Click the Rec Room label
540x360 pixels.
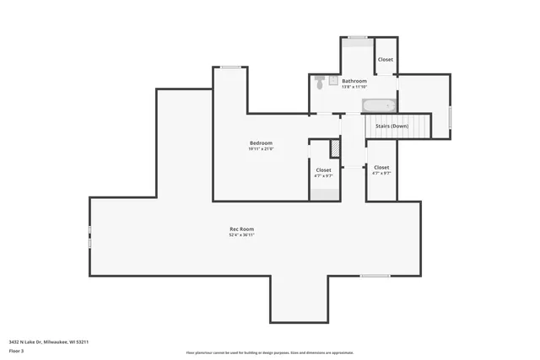pyautogui.click(x=241, y=229)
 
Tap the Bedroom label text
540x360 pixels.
pyautogui.click(x=261, y=143)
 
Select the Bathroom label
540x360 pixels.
pyautogui.click(x=354, y=81)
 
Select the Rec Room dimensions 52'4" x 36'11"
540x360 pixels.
pyautogui.click(x=241, y=236)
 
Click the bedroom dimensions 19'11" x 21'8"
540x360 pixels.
pyautogui.click(x=261, y=149)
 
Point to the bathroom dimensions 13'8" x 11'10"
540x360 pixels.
pyautogui.click(x=354, y=87)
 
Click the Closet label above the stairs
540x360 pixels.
pyautogui.click(x=386, y=60)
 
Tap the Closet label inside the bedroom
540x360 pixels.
pyautogui.click(x=324, y=170)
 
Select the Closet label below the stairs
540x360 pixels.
pyautogui.click(x=381, y=168)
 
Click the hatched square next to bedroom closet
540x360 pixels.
pyautogui.click(x=336, y=149)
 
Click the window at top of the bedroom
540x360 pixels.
pyautogui.click(x=230, y=67)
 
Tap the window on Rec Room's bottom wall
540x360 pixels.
pyautogui.click(x=375, y=276)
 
